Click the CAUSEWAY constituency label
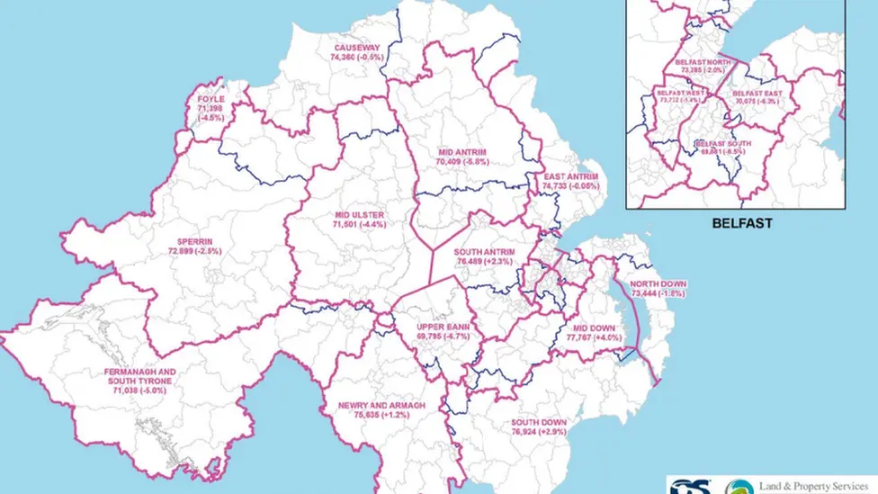[357, 47]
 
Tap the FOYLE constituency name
[211, 100]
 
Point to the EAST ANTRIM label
[570, 176]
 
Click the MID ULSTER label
[359, 215]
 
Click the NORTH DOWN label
[658, 283]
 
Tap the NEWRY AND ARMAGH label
[377, 406]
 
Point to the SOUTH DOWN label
[539, 422]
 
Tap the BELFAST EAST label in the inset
[756, 92]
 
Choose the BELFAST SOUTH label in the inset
[722, 143]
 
